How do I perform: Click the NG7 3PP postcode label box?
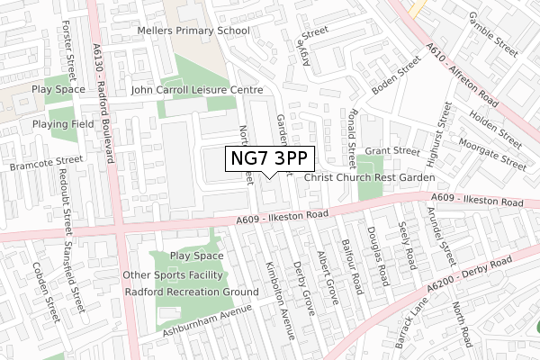tap(269, 159)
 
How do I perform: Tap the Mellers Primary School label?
tap(193, 31)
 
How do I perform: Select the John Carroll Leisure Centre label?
tap(196, 91)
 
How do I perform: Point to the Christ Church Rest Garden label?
tap(369, 178)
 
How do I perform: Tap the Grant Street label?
tap(392, 151)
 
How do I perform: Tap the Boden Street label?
tap(396, 77)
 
